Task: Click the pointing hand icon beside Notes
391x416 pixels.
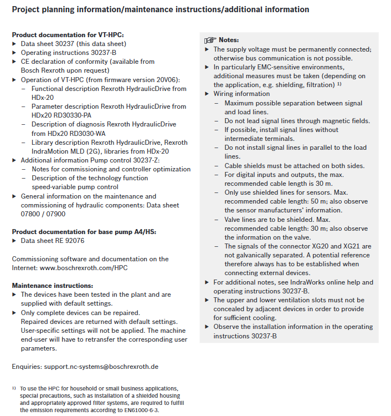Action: (x=210, y=40)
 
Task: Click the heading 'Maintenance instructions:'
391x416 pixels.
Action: (x=48, y=285)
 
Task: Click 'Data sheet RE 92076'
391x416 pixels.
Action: (x=53, y=241)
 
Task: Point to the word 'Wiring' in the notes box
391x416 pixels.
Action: (x=225, y=94)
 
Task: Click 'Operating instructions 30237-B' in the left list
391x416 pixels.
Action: (x=69, y=53)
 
